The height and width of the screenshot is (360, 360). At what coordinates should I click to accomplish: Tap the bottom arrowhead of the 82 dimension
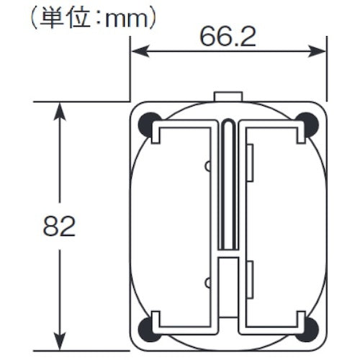(60, 342)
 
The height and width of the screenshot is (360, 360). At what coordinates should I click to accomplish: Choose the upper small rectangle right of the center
(250, 162)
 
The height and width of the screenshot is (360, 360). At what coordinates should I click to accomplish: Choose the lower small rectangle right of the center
(250, 281)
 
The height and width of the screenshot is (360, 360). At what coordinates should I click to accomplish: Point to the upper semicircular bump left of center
(207, 166)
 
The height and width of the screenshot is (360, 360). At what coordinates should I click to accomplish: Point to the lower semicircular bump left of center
(207, 282)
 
